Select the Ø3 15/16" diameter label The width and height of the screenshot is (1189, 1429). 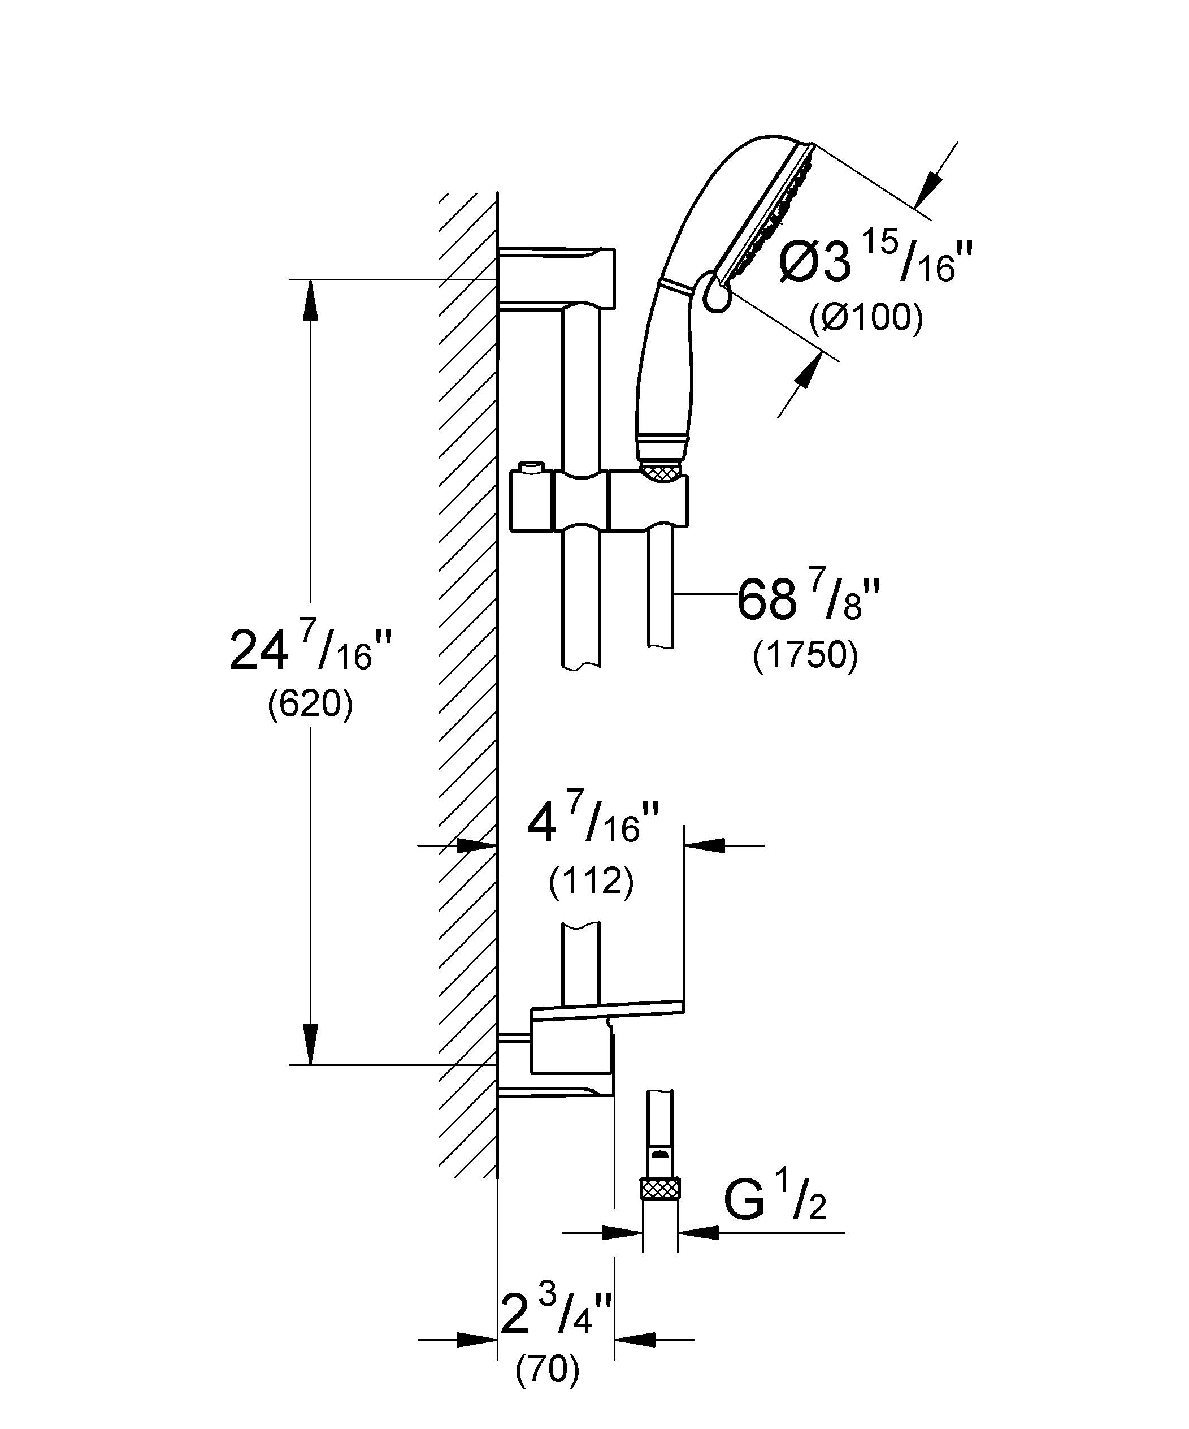pyautogui.click(x=876, y=257)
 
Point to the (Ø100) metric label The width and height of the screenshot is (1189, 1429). pyautogui.click(x=866, y=317)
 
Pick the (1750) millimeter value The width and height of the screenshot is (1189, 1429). pyautogui.click(x=805, y=655)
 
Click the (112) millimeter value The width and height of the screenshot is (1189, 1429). pyautogui.click(x=591, y=882)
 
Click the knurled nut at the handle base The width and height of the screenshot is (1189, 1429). pyautogui.click(x=661, y=471)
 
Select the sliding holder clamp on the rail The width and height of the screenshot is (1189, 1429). pyautogui.click(x=598, y=503)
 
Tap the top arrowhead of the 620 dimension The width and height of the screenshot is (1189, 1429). pyautogui.click(x=310, y=299)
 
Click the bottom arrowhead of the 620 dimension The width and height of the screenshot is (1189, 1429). pyautogui.click(x=310, y=1044)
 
